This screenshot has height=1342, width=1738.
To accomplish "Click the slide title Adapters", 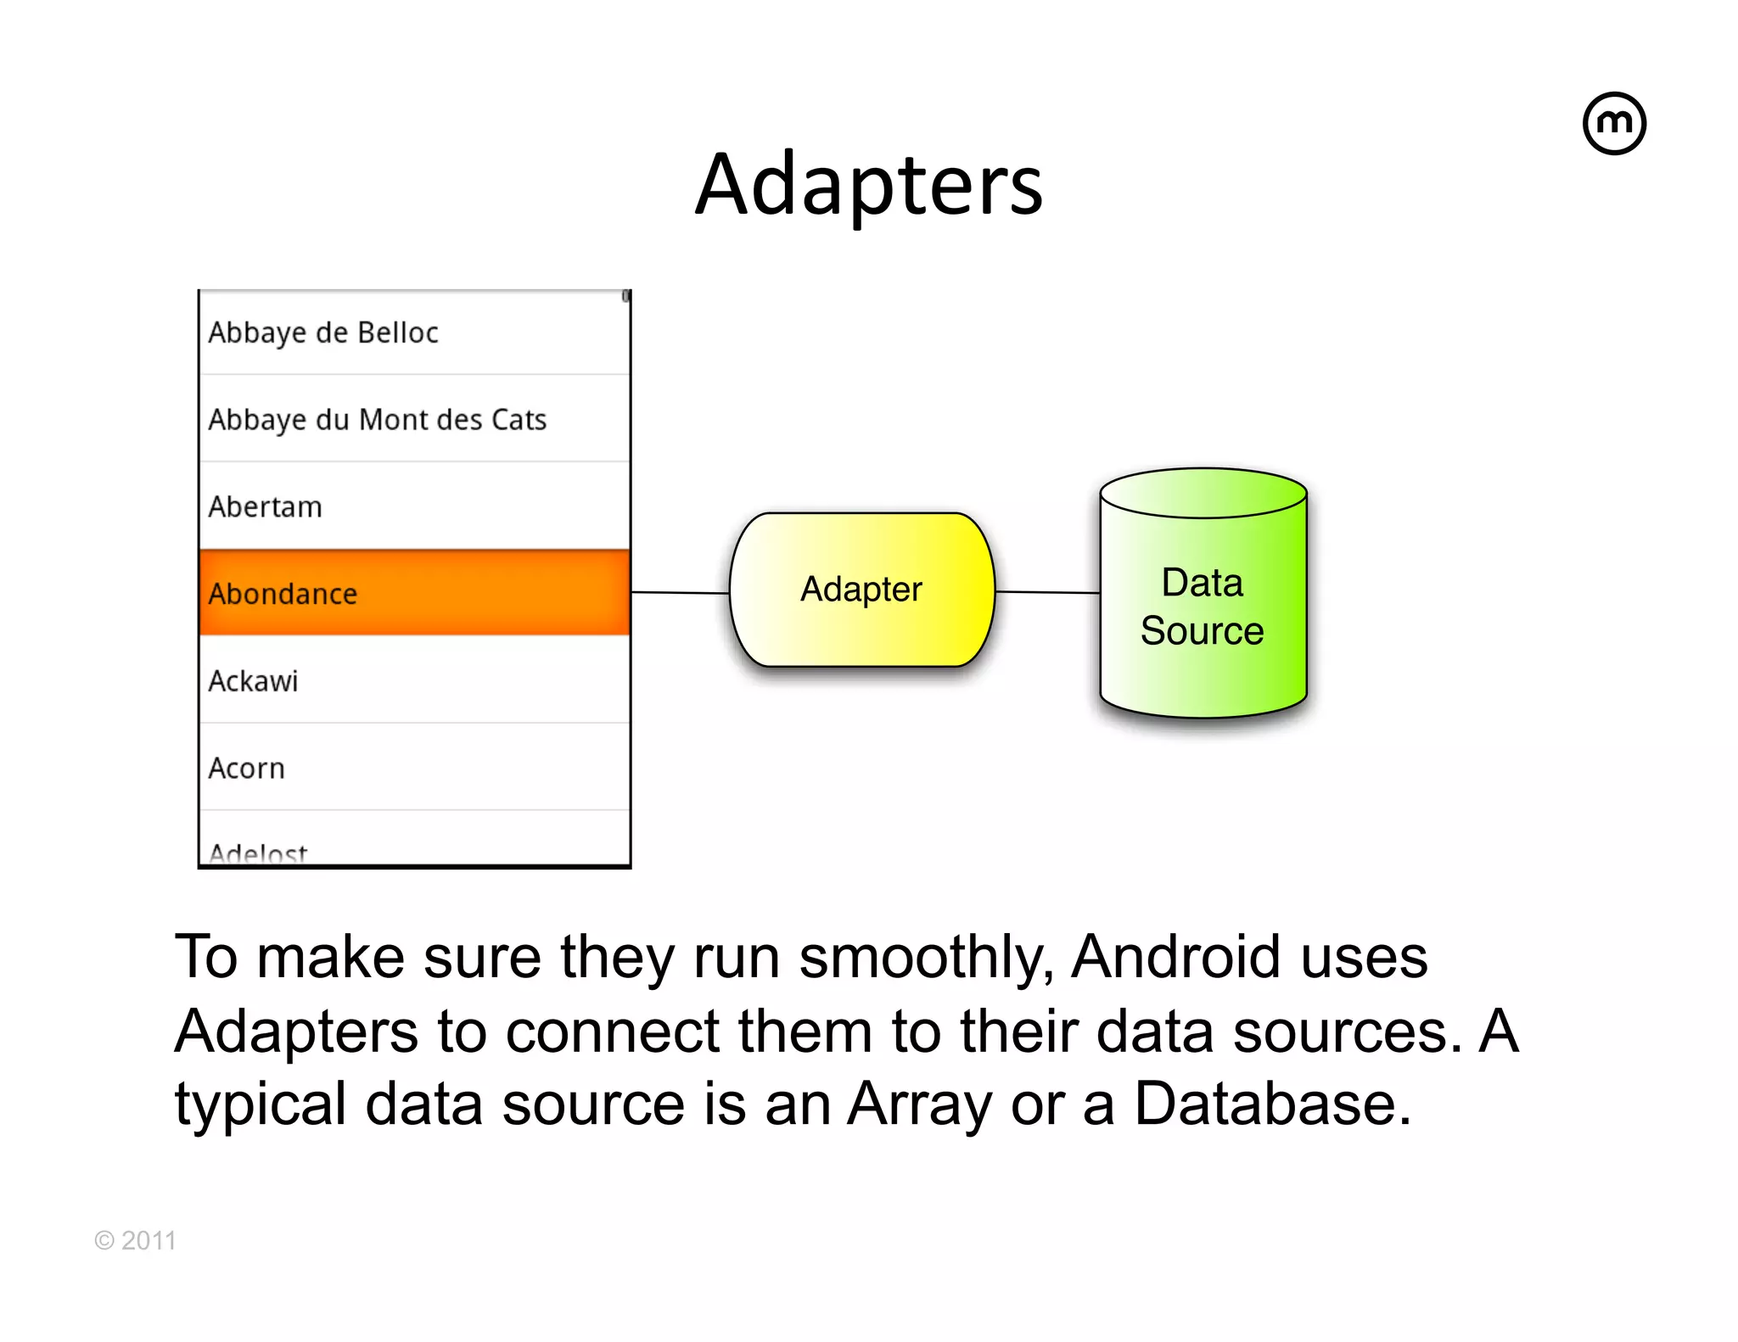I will click(x=869, y=185).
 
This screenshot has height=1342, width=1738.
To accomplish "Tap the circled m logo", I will click(x=1614, y=124).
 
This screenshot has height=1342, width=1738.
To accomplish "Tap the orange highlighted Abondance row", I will click(x=414, y=593).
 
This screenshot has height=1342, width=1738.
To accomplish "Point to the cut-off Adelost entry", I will click(x=258, y=853).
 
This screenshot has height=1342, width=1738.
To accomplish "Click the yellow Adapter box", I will click(x=861, y=590).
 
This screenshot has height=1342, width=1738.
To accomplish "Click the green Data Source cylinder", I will click(x=1203, y=607).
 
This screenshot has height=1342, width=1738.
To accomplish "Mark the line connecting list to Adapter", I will click(x=680, y=592).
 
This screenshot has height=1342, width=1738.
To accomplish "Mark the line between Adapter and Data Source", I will click(x=1047, y=592).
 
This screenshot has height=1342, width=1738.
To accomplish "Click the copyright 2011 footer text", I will click(x=136, y=1240).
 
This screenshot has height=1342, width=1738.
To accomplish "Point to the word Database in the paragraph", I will click(x=1272, y=1104).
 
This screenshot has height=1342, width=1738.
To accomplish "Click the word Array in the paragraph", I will click(x=919, y=1105).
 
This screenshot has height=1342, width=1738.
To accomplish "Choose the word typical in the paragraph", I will click(x=260, y=1105).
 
